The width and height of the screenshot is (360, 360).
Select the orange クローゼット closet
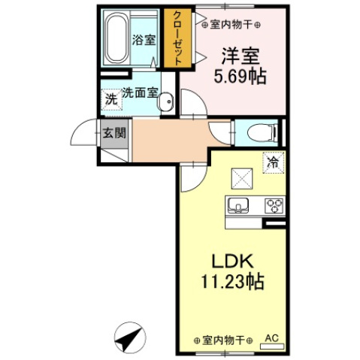click(179, 40)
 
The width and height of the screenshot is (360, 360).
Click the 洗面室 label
click(140, 94)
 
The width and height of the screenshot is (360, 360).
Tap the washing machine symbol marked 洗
click(110, 99)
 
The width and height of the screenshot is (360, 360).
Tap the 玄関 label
click(115, 133)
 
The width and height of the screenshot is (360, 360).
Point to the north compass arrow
click(132, 339)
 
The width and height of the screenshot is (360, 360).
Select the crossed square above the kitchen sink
click(241, 177)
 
